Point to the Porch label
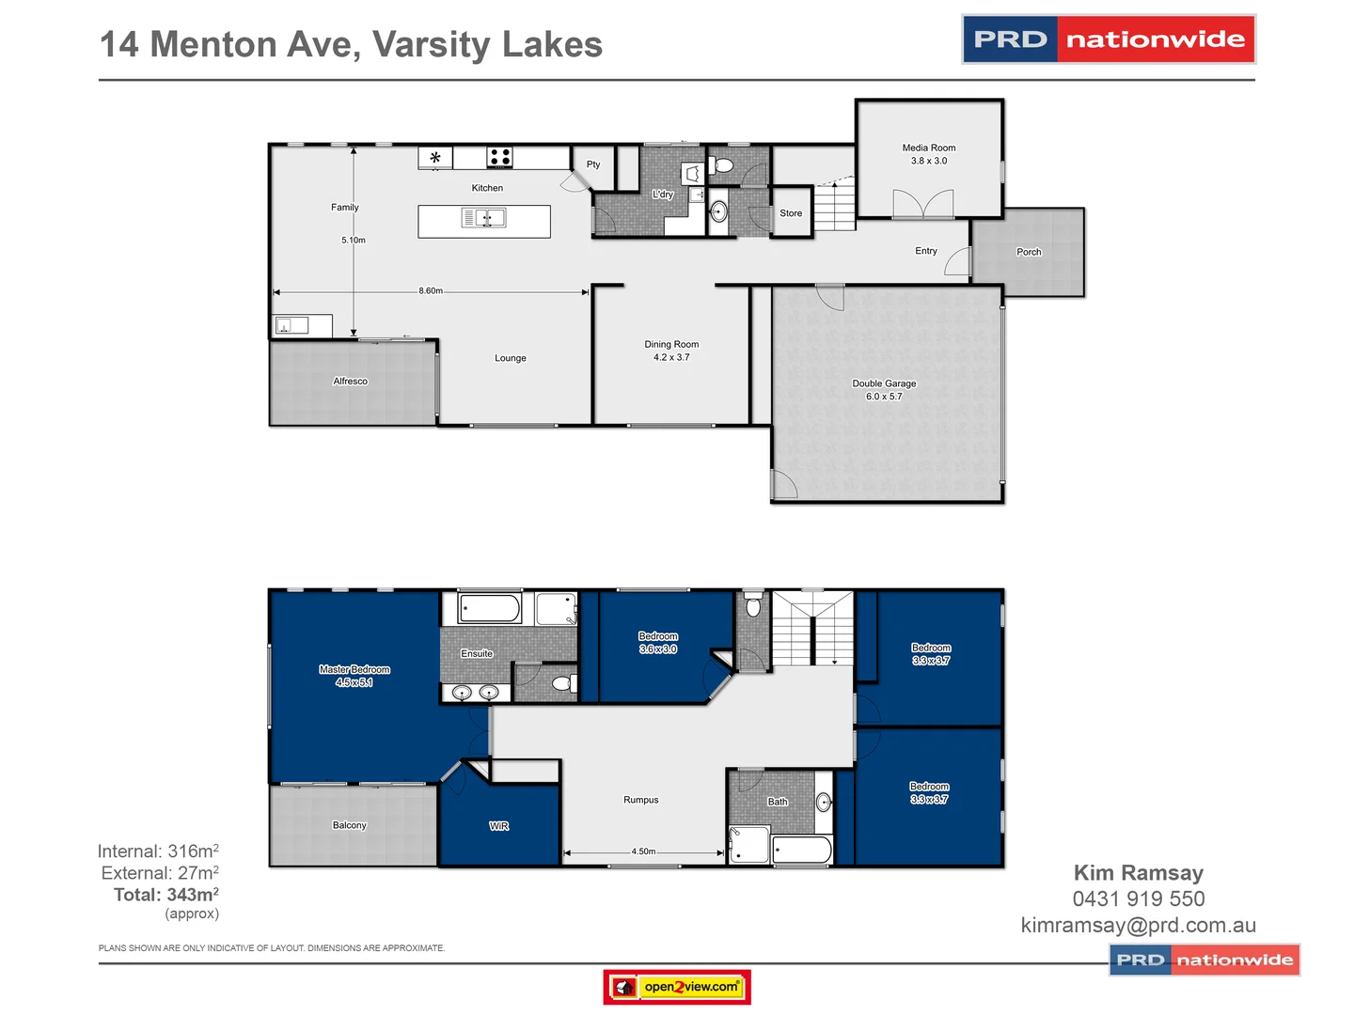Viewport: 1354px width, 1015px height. (x=1029, y=252)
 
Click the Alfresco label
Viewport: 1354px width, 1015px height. (x=350, y=382)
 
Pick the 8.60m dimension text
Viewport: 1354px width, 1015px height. (x=431, y=291)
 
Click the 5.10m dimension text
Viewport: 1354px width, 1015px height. (x=354, y=241)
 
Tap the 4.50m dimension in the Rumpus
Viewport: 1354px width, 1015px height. (x=643, y=851)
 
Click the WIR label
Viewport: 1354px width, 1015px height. (x=499, y=826)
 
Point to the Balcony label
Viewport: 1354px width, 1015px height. (x=349, y=825)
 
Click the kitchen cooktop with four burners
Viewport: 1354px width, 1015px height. (x=499, y=157)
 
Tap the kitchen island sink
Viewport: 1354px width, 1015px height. (x=484, y=218)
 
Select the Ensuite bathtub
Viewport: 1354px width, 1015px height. (x=490, y=608)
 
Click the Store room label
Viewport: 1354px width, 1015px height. (x=791, y=213)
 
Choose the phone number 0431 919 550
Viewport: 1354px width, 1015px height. (x=1138, y=898)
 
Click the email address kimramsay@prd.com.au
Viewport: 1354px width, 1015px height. (x=1138, y=925)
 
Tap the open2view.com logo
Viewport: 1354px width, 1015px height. (x=677, y=987)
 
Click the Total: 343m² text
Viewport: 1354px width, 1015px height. (x=166, y=895)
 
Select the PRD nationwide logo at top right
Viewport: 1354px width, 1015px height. (x=1109, y=39)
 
